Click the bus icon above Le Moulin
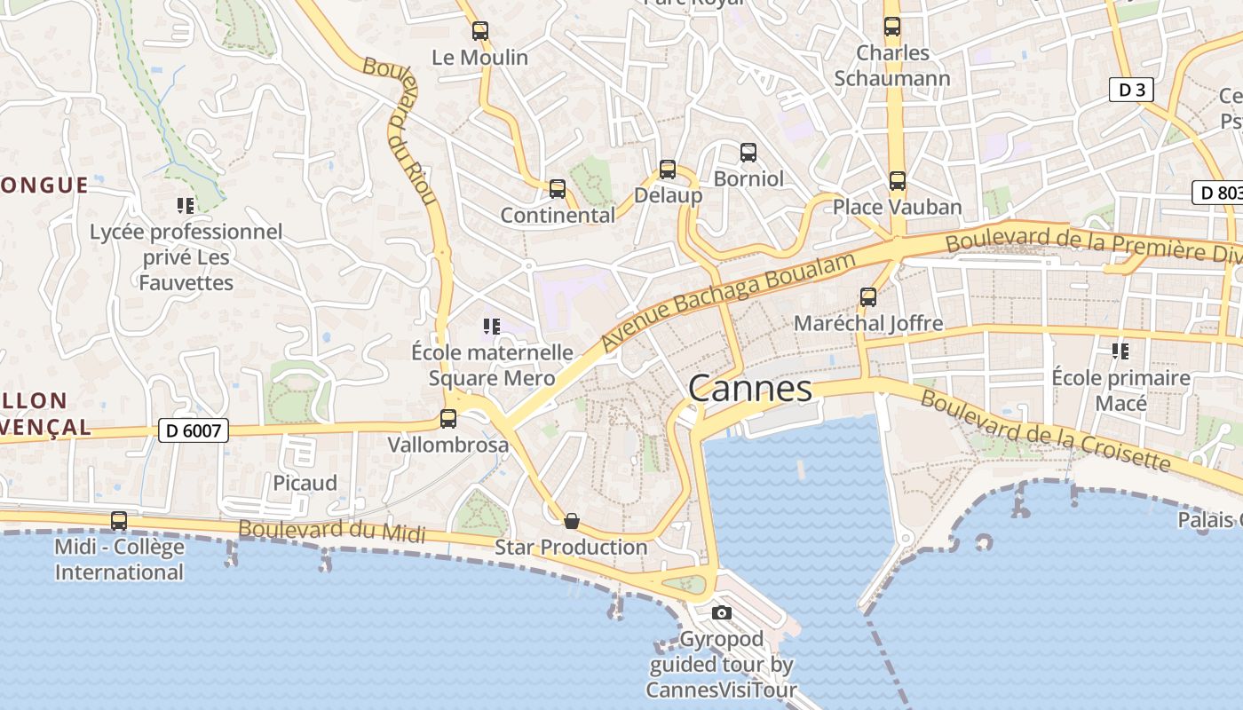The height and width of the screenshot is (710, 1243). click(480, 31)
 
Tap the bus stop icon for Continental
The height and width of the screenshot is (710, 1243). click(558, 189)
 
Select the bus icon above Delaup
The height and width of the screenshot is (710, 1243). click(668, 170)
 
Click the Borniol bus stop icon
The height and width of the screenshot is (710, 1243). click(748, 153)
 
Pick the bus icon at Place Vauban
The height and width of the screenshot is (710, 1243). click(898, 181)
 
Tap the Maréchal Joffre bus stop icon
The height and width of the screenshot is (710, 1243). click(868, 297)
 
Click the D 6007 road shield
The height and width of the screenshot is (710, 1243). click(194, 430)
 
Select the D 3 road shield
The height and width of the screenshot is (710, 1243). click(1131, 90)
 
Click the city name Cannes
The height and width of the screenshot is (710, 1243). click(750, 389)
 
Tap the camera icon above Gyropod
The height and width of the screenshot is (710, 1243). click(722, 612)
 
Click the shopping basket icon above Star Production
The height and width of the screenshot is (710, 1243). click(572, 521)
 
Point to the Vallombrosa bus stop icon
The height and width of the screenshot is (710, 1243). click(448, 418)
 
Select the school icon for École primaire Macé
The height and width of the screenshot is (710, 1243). click(1120, 351)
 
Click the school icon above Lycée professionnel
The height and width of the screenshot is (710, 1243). click(186, 206)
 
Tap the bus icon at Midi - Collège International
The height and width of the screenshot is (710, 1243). click(119, 521)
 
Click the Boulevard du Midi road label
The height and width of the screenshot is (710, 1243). click(331, 531)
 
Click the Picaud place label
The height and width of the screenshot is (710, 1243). click(305, 483)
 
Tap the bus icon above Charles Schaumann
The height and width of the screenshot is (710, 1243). click(892, 27)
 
